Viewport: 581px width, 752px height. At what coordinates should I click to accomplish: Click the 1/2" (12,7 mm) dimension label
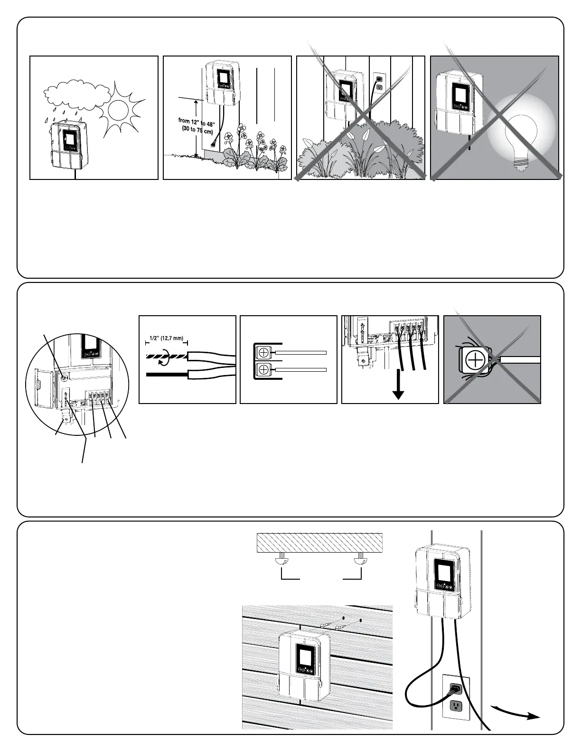point(166,338)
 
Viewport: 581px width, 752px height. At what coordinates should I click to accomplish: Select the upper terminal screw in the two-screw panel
point(261,352)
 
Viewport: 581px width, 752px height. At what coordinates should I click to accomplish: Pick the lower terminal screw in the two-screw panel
point(261,369)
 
